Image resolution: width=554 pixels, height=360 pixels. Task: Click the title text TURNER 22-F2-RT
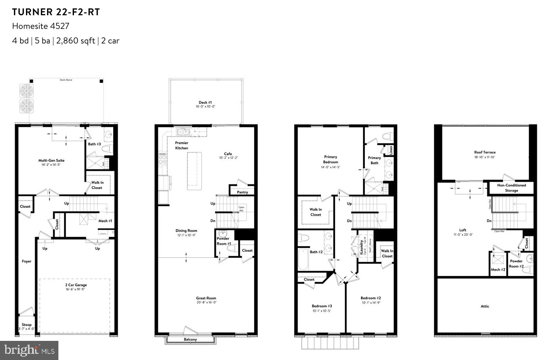point(56,12)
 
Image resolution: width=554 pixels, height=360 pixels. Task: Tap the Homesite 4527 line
point(41,26)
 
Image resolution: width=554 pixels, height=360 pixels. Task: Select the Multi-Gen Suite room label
point(51,160)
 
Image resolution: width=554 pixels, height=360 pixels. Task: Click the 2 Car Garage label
point(76,285)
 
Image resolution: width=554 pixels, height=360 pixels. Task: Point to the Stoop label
point(27,324)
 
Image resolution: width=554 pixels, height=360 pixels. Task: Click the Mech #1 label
point(105,221)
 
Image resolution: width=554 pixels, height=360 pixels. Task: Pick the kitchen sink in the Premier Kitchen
point(183,131)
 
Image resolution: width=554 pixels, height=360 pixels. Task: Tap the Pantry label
point(242,192)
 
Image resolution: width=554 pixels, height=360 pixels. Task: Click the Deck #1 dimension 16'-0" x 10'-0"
point(205,107)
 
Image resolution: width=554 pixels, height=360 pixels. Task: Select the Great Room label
point(206,298)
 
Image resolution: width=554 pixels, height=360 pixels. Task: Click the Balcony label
point(190,340)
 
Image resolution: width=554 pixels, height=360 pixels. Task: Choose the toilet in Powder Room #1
point(231,248)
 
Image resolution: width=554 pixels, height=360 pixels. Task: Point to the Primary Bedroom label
point(331,159)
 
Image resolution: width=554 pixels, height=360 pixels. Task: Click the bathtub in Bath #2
point(303,259)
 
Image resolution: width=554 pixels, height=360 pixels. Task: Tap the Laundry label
point(361,247)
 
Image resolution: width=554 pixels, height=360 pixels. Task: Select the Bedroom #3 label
point(322,306)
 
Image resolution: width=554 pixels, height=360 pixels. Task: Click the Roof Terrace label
point(485,152)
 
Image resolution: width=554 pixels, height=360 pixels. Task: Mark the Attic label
point(485,306)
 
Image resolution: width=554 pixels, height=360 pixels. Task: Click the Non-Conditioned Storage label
point(511,188)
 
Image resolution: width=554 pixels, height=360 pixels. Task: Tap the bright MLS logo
point(29,350)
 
